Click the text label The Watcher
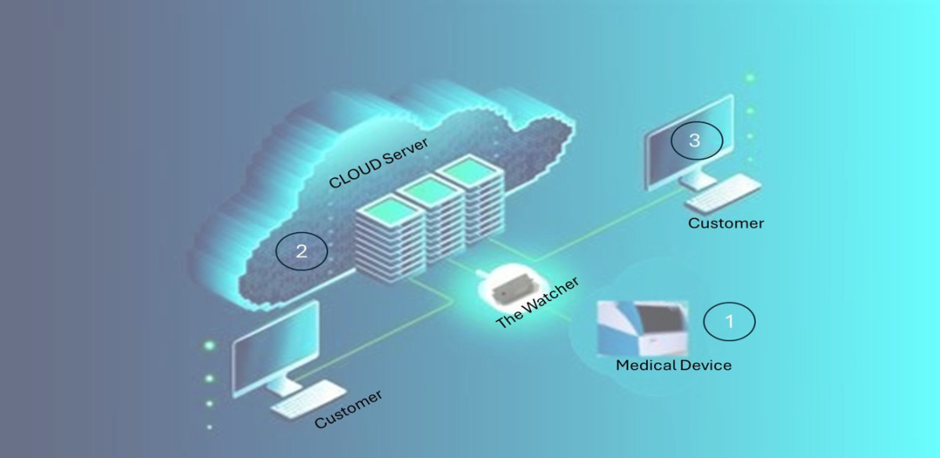pos(537,302)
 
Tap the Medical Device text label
pos(674,365)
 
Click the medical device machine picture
pos(642,328)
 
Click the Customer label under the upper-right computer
pos(726,223)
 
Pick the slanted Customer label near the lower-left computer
pos(349,409)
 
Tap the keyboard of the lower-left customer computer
pos(309,398)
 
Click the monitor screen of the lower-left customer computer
pos(276,348)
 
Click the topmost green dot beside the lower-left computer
pos(209,346)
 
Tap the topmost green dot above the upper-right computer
pos(750,78)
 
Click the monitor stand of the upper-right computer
pos(697,180)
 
